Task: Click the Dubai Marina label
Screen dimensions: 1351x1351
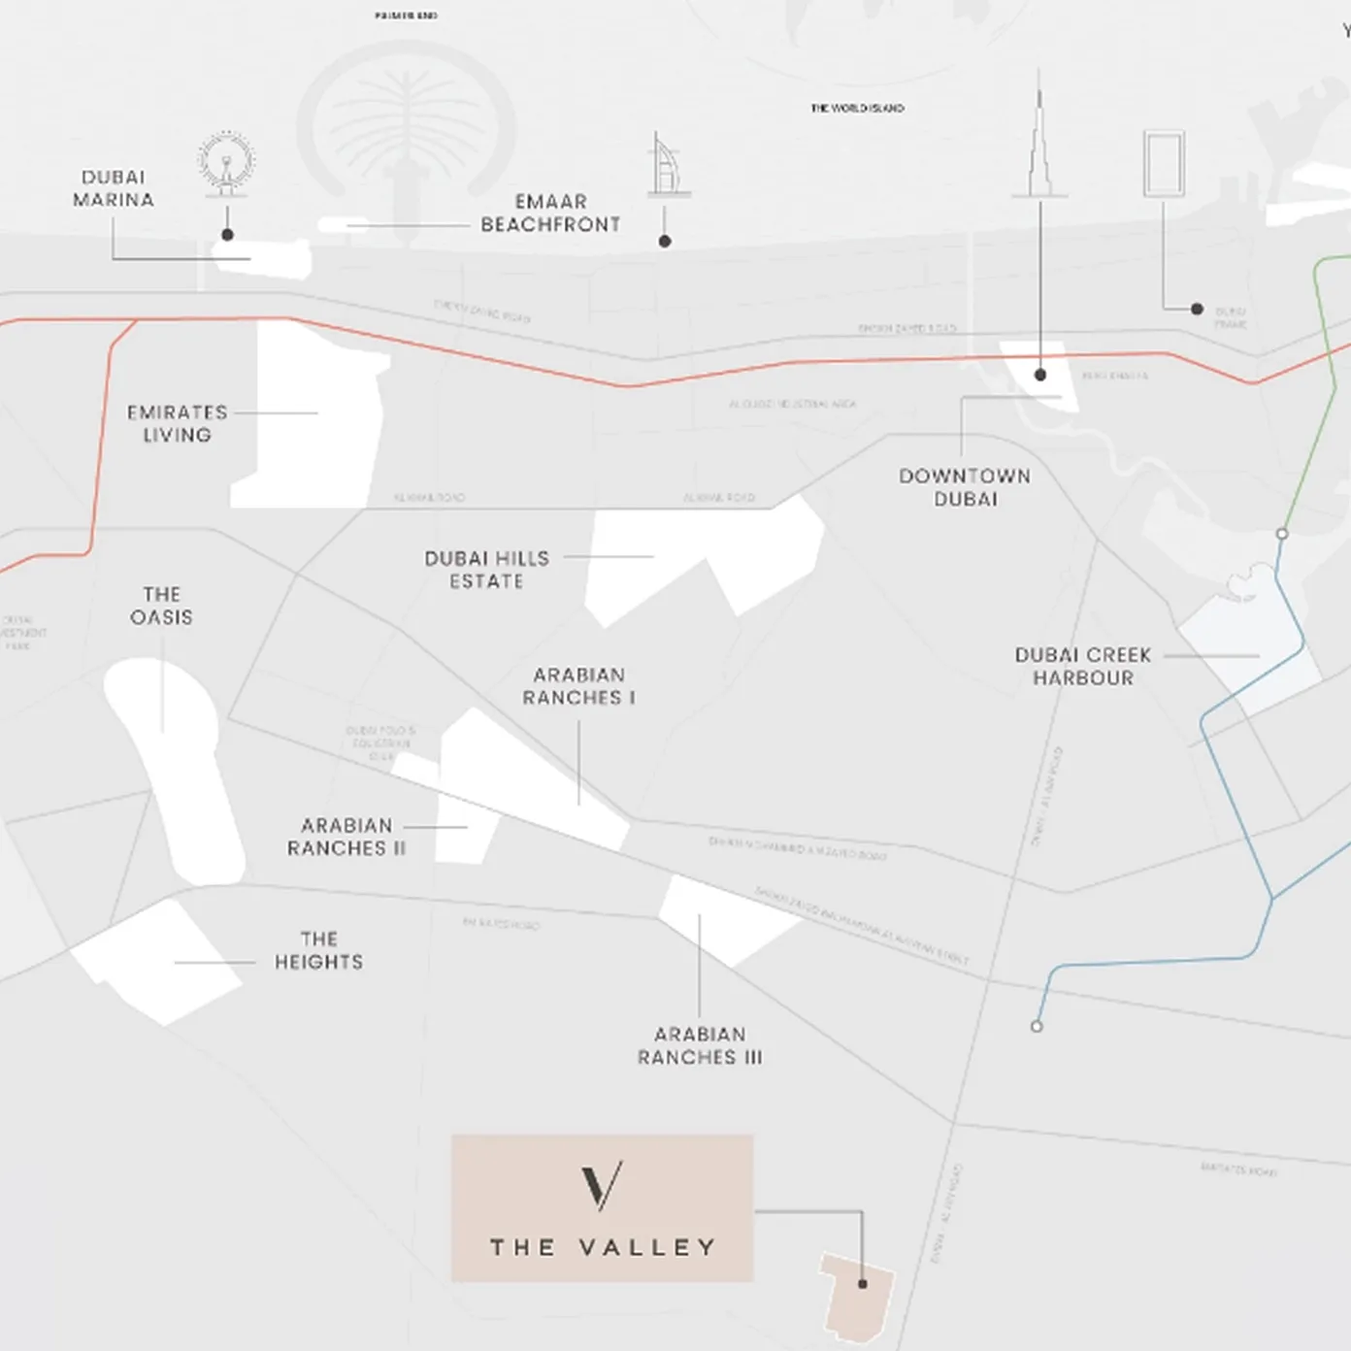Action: point(114,188)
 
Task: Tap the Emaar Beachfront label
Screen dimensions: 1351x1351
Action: point(550,214)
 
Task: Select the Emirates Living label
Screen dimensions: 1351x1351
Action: point(177,424)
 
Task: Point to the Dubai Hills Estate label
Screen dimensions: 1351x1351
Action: point(486,570)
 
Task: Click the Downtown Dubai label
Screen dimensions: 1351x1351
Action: point(965,487)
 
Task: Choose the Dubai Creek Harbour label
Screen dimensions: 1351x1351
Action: point(1083,667)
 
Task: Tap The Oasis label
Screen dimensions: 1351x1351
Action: point(161,606)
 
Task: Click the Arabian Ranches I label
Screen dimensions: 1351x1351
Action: point(579,686)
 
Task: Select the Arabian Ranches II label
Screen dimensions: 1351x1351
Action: point(346,837)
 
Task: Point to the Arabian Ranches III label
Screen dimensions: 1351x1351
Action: point(700,1046)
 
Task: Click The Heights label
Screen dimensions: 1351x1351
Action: point(318,950)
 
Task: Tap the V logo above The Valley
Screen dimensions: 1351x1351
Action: point(602,1186)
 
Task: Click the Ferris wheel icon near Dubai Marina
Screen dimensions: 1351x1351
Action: point(227,163)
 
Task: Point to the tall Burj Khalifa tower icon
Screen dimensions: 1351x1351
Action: point(1039,136)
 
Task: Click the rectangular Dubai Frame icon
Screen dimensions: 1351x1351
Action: point(1164,164)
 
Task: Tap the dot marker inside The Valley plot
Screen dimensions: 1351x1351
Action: point(863,1284)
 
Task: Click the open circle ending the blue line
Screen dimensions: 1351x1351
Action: point(1037,1026)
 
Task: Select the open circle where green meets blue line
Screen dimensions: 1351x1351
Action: point(1282,534)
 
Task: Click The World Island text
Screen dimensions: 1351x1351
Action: point(857,109)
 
